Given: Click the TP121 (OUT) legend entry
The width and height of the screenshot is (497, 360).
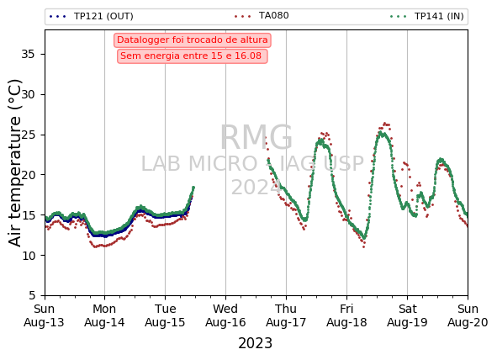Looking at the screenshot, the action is (92, 16).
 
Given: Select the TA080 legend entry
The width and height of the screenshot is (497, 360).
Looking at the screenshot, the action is (262, 15).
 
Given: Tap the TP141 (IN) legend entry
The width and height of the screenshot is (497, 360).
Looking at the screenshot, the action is (427, 16).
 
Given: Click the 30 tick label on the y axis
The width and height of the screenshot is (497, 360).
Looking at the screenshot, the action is (28, 94).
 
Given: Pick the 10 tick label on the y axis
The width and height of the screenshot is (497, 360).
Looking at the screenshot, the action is (28, 255).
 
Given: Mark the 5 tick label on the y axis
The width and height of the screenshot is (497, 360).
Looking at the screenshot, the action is (32, 295).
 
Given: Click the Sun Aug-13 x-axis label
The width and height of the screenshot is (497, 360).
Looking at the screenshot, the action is (44, 315).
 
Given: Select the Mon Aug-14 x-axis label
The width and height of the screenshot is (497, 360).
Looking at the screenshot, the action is (104, 315).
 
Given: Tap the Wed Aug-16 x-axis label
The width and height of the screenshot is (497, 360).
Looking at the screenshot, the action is (225, 315).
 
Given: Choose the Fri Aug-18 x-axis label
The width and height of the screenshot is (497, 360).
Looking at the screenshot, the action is (346, 315).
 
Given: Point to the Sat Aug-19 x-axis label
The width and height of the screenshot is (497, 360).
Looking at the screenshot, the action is (407, 315).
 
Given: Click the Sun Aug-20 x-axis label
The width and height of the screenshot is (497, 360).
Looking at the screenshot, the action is (468, 315).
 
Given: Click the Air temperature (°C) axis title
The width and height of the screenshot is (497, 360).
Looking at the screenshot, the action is (15, 163).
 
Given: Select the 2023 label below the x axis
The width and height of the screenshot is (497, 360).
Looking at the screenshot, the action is (255, 343).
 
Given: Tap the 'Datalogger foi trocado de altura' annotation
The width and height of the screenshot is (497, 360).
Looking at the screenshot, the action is (193, 40).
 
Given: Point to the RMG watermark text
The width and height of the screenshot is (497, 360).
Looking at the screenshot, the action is (256, 137).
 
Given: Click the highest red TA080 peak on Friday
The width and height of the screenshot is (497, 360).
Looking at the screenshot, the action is (385, 124).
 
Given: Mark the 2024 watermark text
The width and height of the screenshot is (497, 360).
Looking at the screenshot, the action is (256, 188).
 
